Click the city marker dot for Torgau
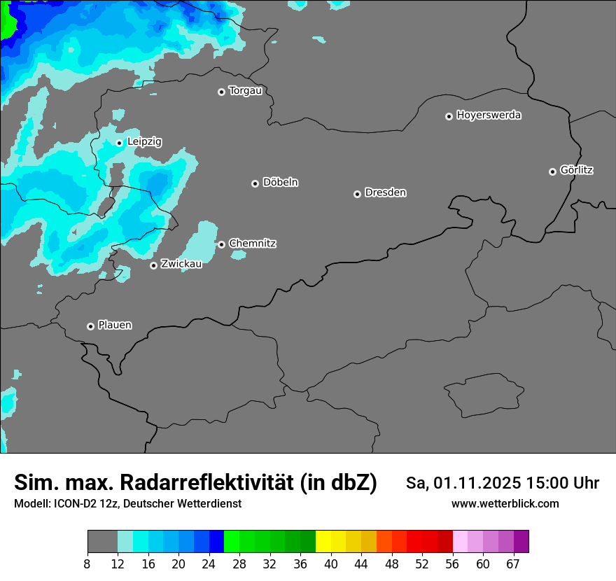(x=221, y=92)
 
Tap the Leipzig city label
(x=144, y=141)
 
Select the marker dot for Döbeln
(x=255, y=183)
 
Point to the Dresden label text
(x=385, y=192)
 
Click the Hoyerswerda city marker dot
(x=449, y=116)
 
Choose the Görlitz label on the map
(x=577, y=170)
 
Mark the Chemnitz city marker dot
(x=221, y=244)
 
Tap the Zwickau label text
(x=181, y=264)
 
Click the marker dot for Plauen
(x=90, y=326)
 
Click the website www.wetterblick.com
(x=505, y=504)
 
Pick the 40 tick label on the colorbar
(x=330, y=563)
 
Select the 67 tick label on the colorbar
(x=513, y=563)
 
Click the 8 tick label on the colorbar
(x=87, y=563)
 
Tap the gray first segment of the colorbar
(x=102, y=541)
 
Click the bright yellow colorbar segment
(x=323, y=541)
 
